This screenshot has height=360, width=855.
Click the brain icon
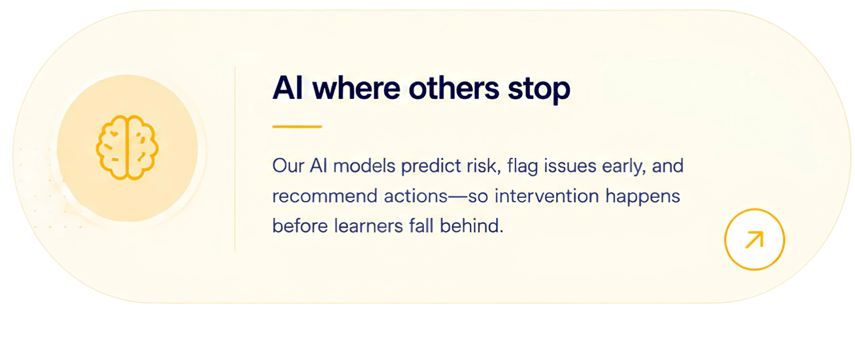(x=127, y=148)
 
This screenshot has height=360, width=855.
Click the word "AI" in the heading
(x=288, y=88)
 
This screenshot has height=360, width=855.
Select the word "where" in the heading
(x=356, y=88)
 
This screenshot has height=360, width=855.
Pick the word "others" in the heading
(x=454, y=88)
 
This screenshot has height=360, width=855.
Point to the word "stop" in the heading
(x=539, y=90)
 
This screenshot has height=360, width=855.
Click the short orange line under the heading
(x=297, y=127)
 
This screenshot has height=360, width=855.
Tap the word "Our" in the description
(x=288, y=166)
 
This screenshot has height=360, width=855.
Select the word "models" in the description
(x=364, y=166)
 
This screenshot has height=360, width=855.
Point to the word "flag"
(x=522, y=166)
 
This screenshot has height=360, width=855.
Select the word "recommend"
(x=325, y=196)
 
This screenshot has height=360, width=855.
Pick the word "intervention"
(x=547, y=196)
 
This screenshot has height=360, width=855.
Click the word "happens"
(x=643, y=197)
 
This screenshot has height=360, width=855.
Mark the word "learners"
(x=368, y=225)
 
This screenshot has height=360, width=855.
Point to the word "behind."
(x=472, y=225)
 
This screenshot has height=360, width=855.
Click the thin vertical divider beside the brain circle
(x=235, y=159)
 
